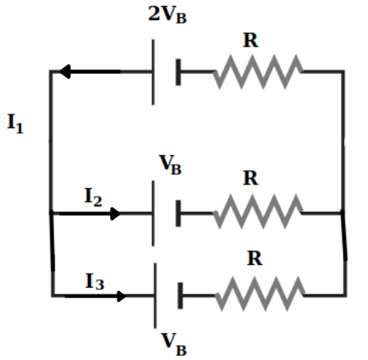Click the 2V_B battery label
[167, 14]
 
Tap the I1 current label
[15, 124]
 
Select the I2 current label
[93, 197]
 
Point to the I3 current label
[95, 281]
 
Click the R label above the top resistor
[251, 40]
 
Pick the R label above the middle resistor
[251, 178]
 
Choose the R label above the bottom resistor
[255, 258]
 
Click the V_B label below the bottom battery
[174, 344]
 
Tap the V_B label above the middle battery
[170, 165]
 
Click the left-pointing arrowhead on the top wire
[65, 72]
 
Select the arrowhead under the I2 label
[115, 214]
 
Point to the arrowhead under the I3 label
[122, 297]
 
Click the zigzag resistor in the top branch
[258, 72]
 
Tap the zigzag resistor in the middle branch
[258, 212]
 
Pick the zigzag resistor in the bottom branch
[260, 294]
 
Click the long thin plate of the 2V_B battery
[153, 72]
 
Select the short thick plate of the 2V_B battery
[178, 72]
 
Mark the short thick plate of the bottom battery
[180, 296]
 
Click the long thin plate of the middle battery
[153, 213]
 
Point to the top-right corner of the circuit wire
[342, 72]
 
